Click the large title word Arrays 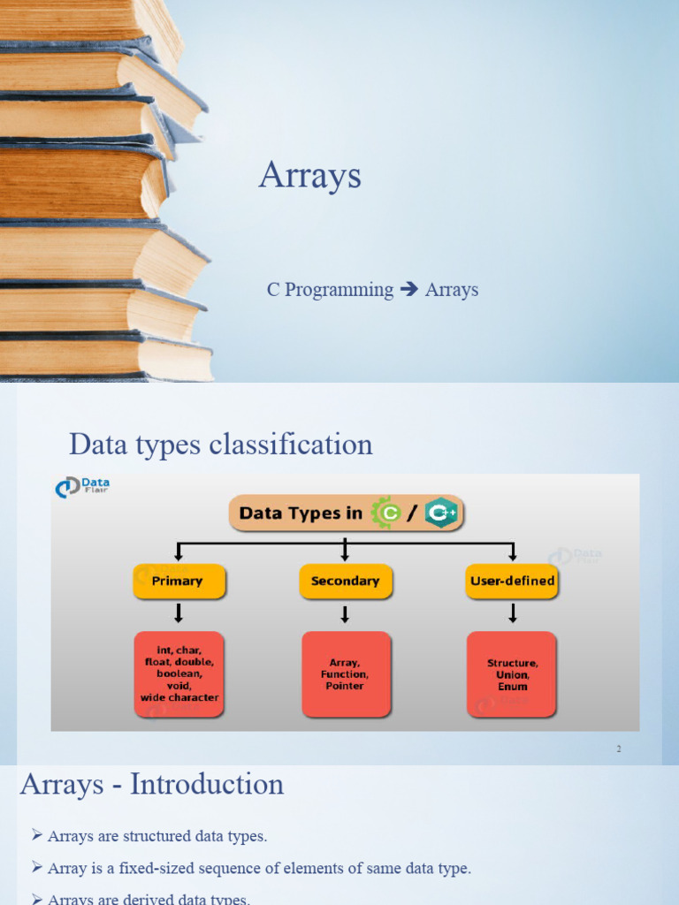pos(309,176)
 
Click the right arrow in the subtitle pos(408,289)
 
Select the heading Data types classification pos(220,444)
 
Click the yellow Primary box pos(179,582)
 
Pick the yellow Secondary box pos(345,582)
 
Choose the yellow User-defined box pos(512,582)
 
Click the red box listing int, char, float pos(179,673)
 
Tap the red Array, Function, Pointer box pos(345,673)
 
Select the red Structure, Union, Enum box pos(512,673)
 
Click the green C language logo pos(386,513)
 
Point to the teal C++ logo pos(440,513)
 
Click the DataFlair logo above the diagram pos(82,487)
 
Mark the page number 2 pos(619,749)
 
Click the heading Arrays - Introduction pos(152,784)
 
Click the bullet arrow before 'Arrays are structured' pos(37,835)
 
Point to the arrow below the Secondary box pos(345,613)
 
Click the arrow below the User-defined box pos(512,613)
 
